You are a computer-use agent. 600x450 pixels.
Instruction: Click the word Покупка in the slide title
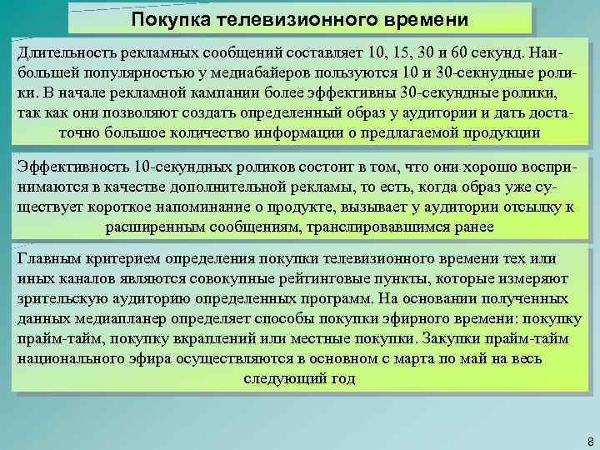pos(169,19)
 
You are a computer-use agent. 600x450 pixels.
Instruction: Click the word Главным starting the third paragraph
pos(49,259)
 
